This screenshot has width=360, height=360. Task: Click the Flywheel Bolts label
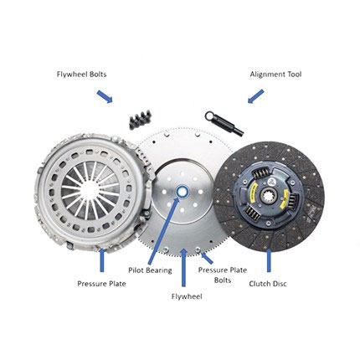(x=81, y=75)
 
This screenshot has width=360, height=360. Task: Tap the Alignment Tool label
(x=275, y=75)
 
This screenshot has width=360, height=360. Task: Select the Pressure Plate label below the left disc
(x=101, y=284)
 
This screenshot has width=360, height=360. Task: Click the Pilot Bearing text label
(x=150, y=270)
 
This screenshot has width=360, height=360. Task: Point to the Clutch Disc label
(x=268, y=284)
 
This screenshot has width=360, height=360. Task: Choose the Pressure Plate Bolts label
(x=223, y=275)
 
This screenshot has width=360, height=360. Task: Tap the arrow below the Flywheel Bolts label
(x=105, y=96)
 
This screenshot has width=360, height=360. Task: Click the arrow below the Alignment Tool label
(x=255, y=96)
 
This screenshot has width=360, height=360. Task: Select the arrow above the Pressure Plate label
(x=102, y=260)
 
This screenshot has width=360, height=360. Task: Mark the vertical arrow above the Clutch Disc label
(x=269, y=260)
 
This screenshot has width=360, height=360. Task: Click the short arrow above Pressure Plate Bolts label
(x=207, y=258)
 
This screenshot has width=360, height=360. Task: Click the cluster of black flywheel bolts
(x=140, y=120)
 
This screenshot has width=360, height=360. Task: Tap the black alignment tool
(x=224, y=123)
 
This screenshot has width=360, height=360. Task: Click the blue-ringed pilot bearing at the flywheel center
(x=183, y=192)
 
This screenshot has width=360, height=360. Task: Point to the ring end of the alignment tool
(x=209, y=116)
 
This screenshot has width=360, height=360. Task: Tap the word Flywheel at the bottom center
(x=187, y=296)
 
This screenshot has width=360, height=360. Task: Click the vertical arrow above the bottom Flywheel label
(x=183, y=267)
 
